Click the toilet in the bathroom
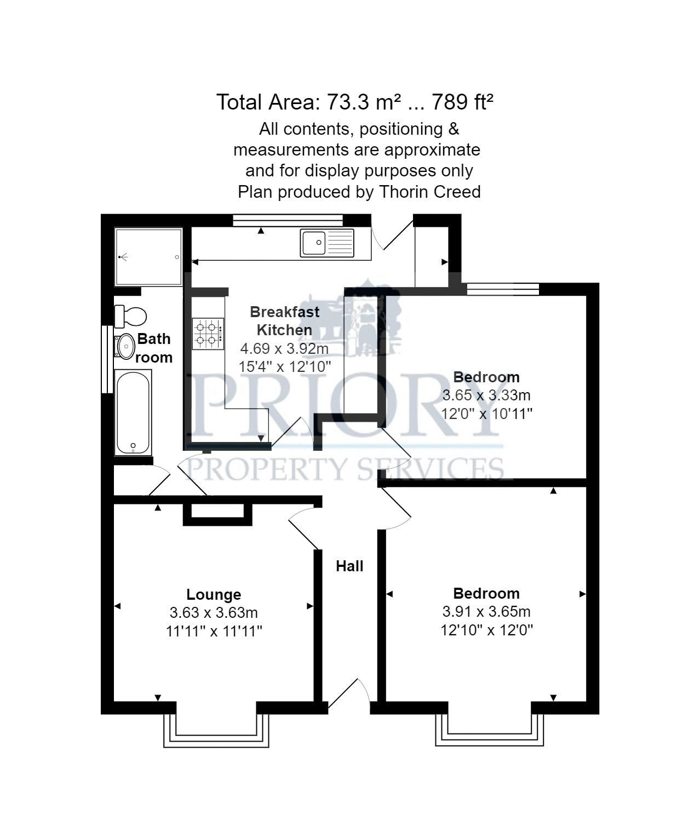coord(131,316)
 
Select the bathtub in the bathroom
coord(133,412)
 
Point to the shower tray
coord(148,257)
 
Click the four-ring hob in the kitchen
coord(208,334)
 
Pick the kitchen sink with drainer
coord(327,243)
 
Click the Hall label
coord(349,566)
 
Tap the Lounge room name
coord(214,594)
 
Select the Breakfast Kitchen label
coord(284,321)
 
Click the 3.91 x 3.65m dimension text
coord(486,611)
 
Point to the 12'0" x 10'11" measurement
coord(487,413)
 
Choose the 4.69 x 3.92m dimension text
coord(284,348)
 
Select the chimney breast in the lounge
coord(217,513)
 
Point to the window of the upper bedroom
coord(502,289)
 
